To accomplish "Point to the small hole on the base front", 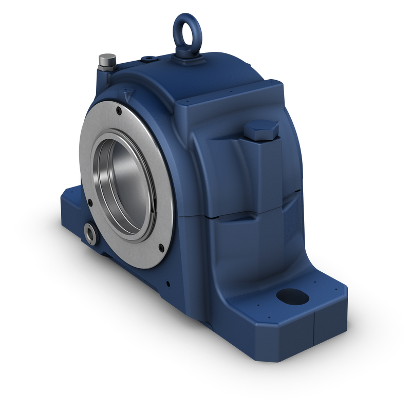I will (168, 282).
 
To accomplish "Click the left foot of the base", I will (72, 206).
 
